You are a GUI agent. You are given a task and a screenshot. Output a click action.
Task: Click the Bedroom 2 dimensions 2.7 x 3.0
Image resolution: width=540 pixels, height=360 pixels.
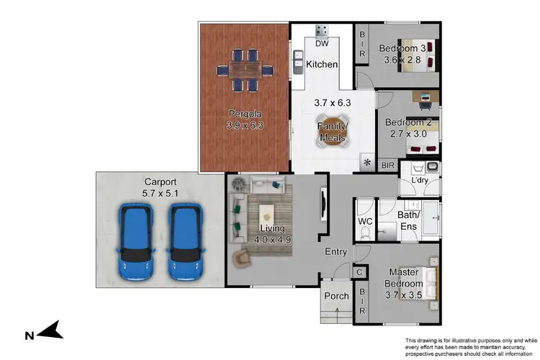pos(407,133)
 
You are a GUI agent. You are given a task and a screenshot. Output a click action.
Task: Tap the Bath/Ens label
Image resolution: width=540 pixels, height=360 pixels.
pos(409,220)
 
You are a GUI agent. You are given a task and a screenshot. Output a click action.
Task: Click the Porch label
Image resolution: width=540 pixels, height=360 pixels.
pos(336,296)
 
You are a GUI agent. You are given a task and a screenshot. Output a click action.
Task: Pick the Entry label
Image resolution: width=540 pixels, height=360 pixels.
pos(336,252)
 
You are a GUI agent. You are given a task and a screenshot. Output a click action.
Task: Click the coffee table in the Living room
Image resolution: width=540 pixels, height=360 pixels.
pos(268,212)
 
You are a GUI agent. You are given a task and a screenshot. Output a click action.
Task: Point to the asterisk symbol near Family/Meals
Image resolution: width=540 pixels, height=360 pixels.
pos(367,163)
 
